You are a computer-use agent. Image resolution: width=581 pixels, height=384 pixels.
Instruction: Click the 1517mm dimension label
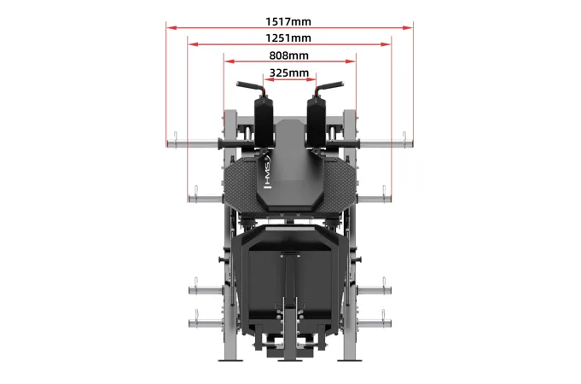point(288,21)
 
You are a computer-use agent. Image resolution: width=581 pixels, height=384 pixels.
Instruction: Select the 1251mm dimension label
point(288,38)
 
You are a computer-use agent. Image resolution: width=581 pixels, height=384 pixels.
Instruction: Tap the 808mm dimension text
point(288,55)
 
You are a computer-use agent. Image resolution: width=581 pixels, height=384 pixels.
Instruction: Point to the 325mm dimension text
point(288,73)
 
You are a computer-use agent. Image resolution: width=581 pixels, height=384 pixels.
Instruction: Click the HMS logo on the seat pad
point(267,172)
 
